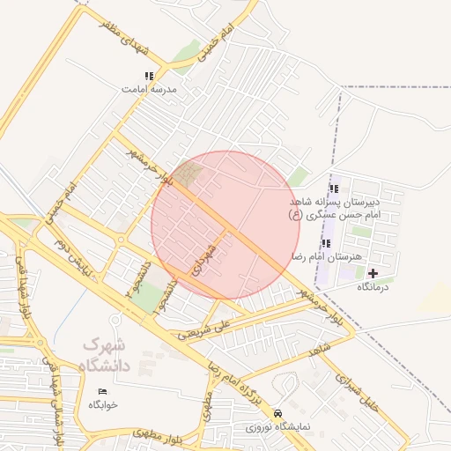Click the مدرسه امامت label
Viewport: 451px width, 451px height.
(x=150, y=90)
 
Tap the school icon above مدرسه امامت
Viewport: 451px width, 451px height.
(x=149, y=77)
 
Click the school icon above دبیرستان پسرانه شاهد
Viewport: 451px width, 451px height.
(x=333, y=189)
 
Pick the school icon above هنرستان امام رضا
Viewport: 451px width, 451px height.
(x=326, y=243)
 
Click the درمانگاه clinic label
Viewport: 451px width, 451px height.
(x=373, y=287)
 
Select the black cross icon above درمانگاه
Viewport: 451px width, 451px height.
(x=373, y=274)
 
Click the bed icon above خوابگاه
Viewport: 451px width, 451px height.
(x=102, y=391)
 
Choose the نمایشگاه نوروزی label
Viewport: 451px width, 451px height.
(x=279, y=426)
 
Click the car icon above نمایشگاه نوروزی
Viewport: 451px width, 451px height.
(x=278, y=413)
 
